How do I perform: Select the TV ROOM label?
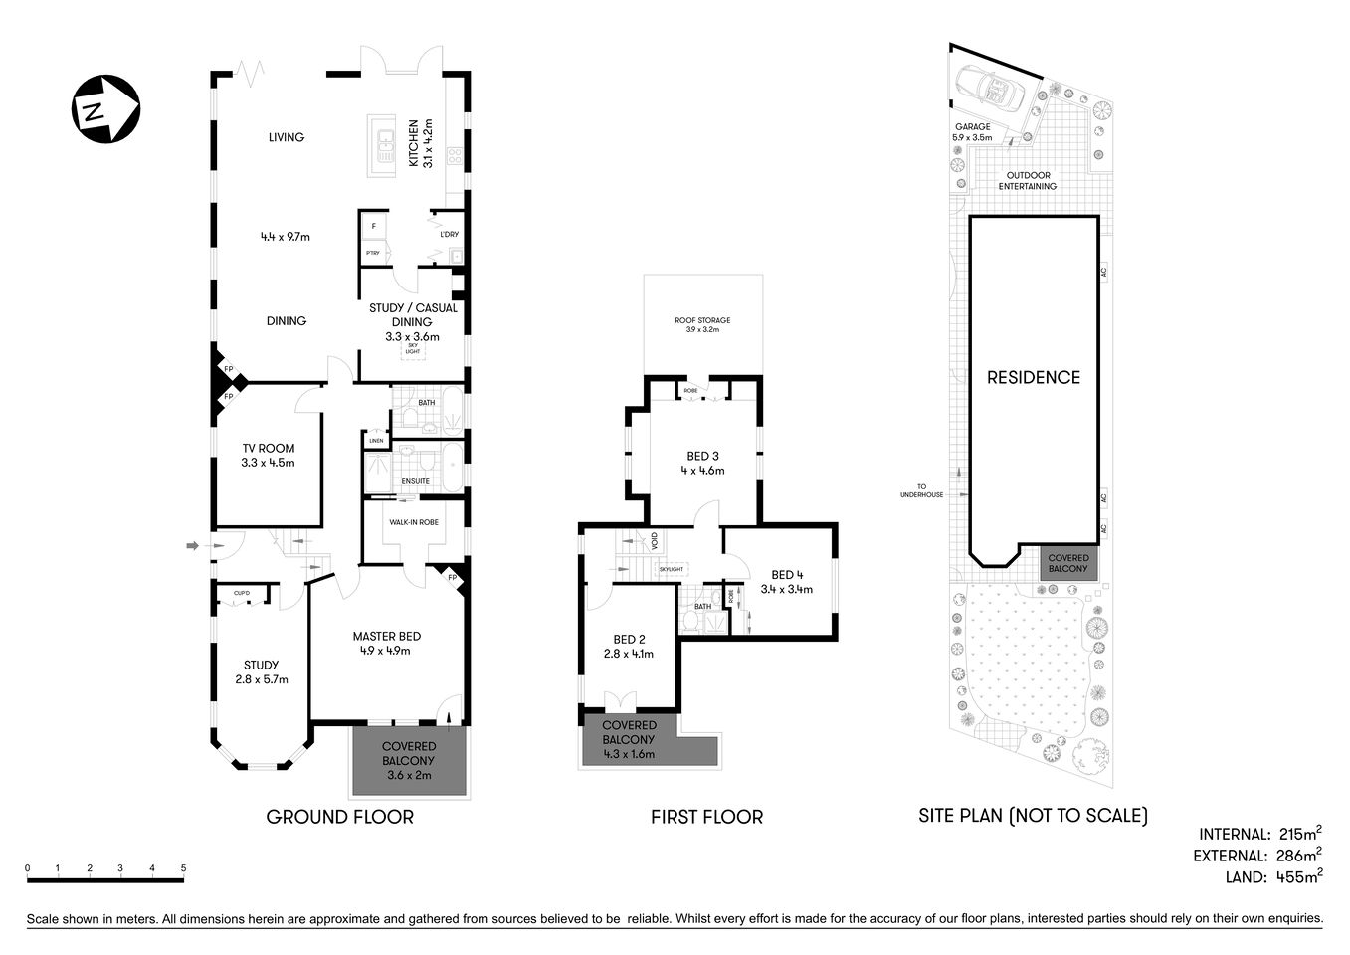pyautogui.click(x=269, y=448)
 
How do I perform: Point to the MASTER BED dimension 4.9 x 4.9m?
pyautogui.click(x=386, y=651)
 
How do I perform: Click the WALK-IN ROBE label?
pyautogui.click(x=413, y=522)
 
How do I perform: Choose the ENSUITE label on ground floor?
pyautogui.click(x=415, y=481)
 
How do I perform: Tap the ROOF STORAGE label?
pyautogui.click(x=702, y=320)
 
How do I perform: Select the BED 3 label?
pyautogui.click(x=702, y=456)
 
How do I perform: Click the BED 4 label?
pyautogui.click(x=786, y=574)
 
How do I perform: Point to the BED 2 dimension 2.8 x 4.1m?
pyautogui.click(x=629, y=654)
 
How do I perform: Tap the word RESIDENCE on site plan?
pyautogui.click(x=1033, y=377)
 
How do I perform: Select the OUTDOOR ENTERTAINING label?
pyautogui.click(x=1028, y=181)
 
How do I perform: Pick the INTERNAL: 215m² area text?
pyautogui.click(x=1259, y=834)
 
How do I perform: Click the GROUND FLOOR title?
pyautogui.click(x=339, y=817)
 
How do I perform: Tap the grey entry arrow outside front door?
pyautogui.click(x=193, y=544)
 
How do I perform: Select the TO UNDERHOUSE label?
pyautogui.click(x=921, y=490)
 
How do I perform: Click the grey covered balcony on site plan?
pyautogui.click(x=1067, y=563)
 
